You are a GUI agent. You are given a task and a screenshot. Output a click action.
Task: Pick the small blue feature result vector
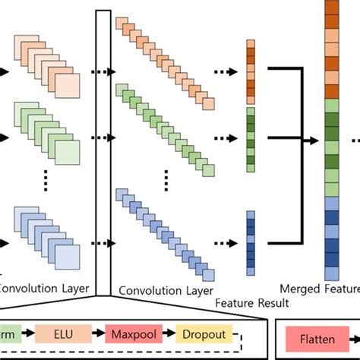(x=251, y=243)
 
